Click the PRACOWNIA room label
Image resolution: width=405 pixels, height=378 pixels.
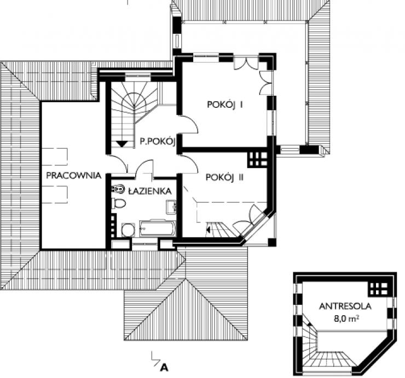click(x=74, y=176)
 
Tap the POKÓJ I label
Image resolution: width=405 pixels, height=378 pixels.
click(x=225, y=104)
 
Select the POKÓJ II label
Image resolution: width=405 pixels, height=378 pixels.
click(x=225, y=177)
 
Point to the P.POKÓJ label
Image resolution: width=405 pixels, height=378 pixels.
click(x=158, y=141)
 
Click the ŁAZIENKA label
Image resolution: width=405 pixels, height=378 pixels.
click(x=150, y=191)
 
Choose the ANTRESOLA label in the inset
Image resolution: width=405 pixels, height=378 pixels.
click(x=345, y=306)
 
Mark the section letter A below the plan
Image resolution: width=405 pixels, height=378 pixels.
click(x=164, y=367)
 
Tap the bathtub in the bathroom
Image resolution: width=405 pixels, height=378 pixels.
click(x=158, y=229)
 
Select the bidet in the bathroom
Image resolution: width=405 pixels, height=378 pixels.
click(x=118, y=190)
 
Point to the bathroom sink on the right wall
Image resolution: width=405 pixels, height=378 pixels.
click(x=171, y=207)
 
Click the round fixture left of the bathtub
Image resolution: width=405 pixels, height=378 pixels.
click(x=128, y=230)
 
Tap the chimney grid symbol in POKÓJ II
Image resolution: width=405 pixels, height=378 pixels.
click(x=257, y=159)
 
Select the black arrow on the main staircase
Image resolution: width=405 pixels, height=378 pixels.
click(x=121, y=144)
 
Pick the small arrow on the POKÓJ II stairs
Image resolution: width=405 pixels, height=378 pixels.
click(x=208, y=228)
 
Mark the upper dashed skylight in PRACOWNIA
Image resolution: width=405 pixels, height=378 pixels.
click(x=55, y=156)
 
